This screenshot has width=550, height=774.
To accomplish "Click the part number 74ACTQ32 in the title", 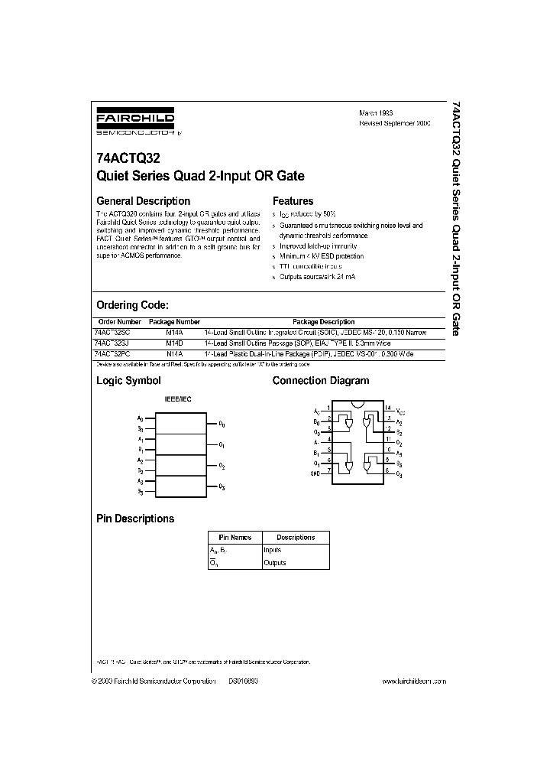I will [125, 161].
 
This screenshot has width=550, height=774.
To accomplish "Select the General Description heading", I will [142, 201].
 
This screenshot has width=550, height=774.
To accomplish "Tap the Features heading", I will [295, 201].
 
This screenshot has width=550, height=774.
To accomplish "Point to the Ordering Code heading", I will [137, 304].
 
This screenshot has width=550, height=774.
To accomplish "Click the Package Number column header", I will [174, 322].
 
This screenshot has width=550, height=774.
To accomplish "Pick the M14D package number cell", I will [174, 343].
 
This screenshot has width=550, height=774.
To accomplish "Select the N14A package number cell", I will [174, 355].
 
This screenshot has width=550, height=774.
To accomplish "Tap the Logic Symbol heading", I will [128, 380].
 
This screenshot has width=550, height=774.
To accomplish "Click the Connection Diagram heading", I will [321, 380].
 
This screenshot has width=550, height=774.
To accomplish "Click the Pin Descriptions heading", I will [135, 519].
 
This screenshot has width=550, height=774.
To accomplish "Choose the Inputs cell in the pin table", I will [273, 550].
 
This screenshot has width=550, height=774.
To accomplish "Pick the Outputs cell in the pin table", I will [274, 563].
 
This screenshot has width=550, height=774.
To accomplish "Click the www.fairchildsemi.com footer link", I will [413, 681].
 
